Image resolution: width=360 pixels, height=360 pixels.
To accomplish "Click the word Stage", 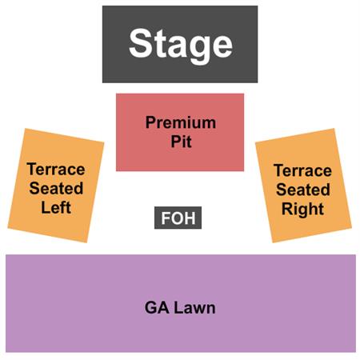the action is click(181, 46).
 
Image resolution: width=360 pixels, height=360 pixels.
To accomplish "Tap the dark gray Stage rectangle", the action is click(180, 44).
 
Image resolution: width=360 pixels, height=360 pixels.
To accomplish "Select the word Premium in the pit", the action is click(181, 122).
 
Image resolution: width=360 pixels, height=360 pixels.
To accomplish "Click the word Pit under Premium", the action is click(181, 142).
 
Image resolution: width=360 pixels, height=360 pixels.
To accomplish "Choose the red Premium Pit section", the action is click(180, 132).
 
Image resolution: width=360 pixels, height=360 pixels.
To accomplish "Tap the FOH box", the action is click(178, 218).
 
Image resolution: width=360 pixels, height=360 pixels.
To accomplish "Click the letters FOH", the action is click(178, 218).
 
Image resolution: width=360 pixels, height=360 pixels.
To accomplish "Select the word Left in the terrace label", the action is click(56, 207).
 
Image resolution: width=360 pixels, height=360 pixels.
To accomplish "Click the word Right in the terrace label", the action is click(302, 209).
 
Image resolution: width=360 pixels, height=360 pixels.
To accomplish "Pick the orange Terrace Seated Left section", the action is click(56, 186).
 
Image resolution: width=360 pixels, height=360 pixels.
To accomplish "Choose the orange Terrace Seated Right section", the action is click(303, 186).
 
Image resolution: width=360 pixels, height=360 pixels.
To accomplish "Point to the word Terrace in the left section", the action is click(56, 170).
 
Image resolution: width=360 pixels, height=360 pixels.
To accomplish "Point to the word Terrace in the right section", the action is click(302, 170).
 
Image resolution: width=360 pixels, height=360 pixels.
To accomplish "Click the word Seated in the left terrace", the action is click(56, 188).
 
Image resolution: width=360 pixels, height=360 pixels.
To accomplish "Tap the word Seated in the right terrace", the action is click(303, 190).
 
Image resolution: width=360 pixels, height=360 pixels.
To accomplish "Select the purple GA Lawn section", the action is click(181, 303).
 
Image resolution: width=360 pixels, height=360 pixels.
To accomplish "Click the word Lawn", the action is click(194, 308).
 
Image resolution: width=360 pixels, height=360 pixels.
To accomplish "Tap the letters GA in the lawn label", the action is click(157, 308).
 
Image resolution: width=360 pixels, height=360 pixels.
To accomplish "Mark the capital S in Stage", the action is click(141, 42).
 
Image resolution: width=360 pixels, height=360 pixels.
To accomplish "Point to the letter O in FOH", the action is click(178, 218).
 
